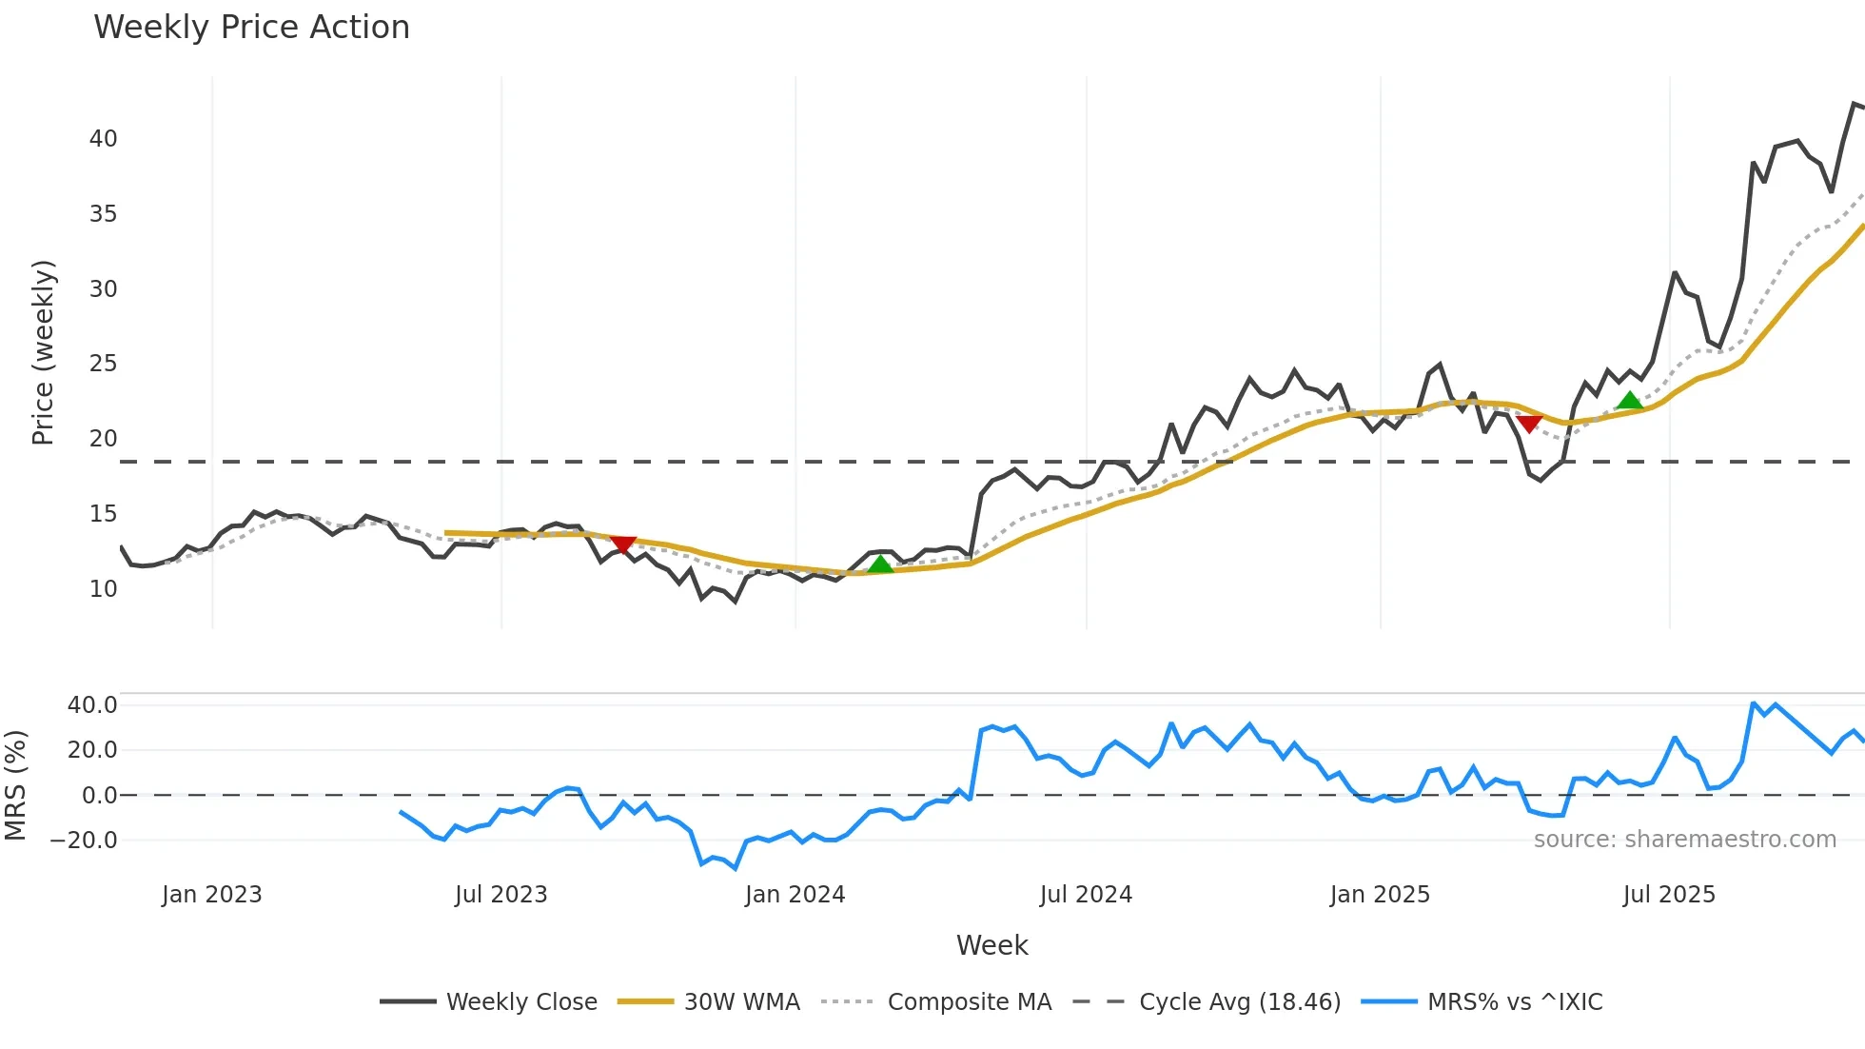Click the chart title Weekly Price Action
pyautogui.click(x=251, y=28)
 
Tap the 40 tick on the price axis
pyautogui.click(x=104, y=139)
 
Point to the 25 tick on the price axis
pyautogui.click(x=104, y=364)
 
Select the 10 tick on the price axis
pyautogui.click(x=104, y=589)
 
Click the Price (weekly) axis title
pyautogui.click(x=43, y=352)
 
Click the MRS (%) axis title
pyautogui.click(x=16, y=785)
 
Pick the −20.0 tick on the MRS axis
pyautogui.click(x=84, y=841)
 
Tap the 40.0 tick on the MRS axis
pyautogui.click(x=92, y=705)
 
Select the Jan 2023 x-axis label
pyautogui.click(x=211, y=895)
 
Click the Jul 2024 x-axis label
pyautogui.click(x=1086, y=895)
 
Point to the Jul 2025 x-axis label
pyautogui.click(x=1669, y=895)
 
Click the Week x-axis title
pyautogui.click(x=991, y=945)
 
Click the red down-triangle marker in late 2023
pyautogui.click(x=622, y=544)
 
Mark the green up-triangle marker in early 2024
pyautogui.click(x=880, y=564)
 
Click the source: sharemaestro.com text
pyautogui.click(x=1684, y=840)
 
